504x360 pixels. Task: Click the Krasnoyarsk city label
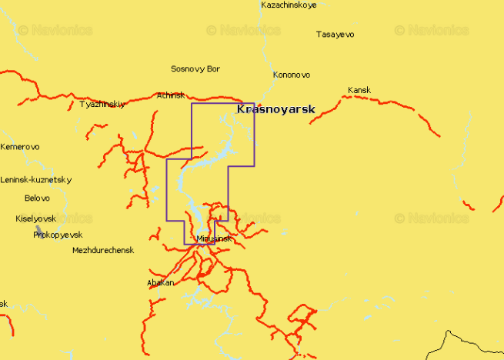(275, 110)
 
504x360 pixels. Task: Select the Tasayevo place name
(335, 35)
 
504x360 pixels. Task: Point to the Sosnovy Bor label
(195, 69)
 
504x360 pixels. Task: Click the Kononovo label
(292, 75)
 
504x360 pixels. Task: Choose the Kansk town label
(359, 90)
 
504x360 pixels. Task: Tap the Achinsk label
(171, 95)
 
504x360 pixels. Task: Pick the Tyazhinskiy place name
(102, 104)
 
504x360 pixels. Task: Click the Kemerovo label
(20, 147)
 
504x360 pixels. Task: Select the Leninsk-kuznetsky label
(36, 180)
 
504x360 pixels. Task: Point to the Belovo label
(37, 198)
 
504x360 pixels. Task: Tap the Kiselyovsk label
(35, 219)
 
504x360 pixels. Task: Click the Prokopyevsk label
(58, 235)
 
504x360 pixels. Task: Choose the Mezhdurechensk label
(103, 251)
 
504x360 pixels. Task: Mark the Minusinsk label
(214, 239)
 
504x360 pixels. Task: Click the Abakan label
(160, 283)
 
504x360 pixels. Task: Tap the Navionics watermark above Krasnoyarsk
(243, 31)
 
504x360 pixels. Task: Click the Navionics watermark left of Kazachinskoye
(55, 31)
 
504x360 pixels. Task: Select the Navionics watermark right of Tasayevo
(432, 31)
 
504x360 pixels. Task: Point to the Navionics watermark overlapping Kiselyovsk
(55, 218)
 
